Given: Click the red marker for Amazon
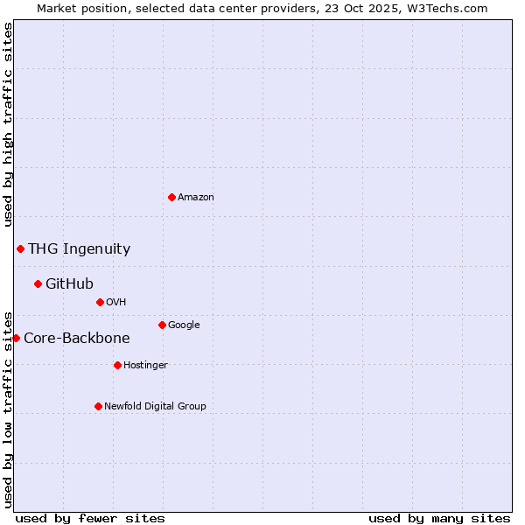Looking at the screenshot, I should click(x=171, y=197).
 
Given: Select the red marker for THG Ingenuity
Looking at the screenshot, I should click(x=20, y=248).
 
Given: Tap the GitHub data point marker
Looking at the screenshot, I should click(x=38, y=283).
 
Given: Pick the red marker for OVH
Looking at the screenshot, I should click(x=100, y=302).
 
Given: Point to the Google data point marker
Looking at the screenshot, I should click(x=162, y=325).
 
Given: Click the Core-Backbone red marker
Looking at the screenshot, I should click(x=16, y=338).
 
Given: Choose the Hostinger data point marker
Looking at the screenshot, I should click(x=117, y=365).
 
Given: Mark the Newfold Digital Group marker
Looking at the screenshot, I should click(x=98, y=406).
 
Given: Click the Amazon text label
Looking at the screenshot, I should click(x=196, y=198).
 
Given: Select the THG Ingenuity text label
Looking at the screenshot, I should click(x=79, y=249).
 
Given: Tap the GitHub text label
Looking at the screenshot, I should click(x=69, y=284).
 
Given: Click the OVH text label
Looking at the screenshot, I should click(x=116, y=303).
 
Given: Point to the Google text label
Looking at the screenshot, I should click(x=184, y=325).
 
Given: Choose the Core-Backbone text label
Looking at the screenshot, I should click(x=77, y=339).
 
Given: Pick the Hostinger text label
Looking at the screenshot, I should click(x=145, y=366).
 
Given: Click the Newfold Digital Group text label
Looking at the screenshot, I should click(x=155, y=407).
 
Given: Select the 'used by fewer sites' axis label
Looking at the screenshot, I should click(x=90, y=518).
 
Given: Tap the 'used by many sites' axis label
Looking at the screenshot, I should click(x=439, y=518).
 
